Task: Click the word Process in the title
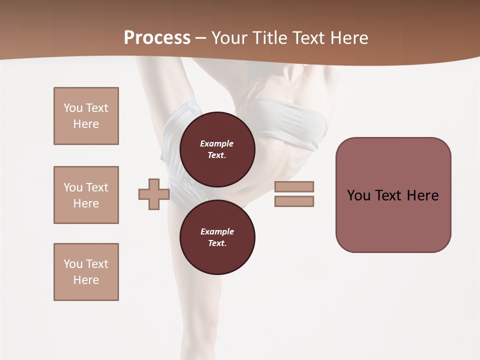[x=157, y=37]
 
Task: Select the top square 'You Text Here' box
[x=86, y=116]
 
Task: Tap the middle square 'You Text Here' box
[x=86, y=195]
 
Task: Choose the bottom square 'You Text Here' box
[x=86, y=272]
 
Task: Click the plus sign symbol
[x=154, y=194]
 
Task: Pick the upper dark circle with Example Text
[x=217, y=149]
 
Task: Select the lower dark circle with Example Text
[x=217, y=237]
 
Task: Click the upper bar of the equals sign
[x=294, y=186]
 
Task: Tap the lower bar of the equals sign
[x=294, y=201]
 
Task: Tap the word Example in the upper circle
[x=217, y=143]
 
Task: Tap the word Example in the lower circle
[x=217, y=231]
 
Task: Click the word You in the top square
[x=73, y=108]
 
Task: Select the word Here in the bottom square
[x=86, y=280]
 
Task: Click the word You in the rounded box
[x=359, y=195]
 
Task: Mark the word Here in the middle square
[x=86, y=203]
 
